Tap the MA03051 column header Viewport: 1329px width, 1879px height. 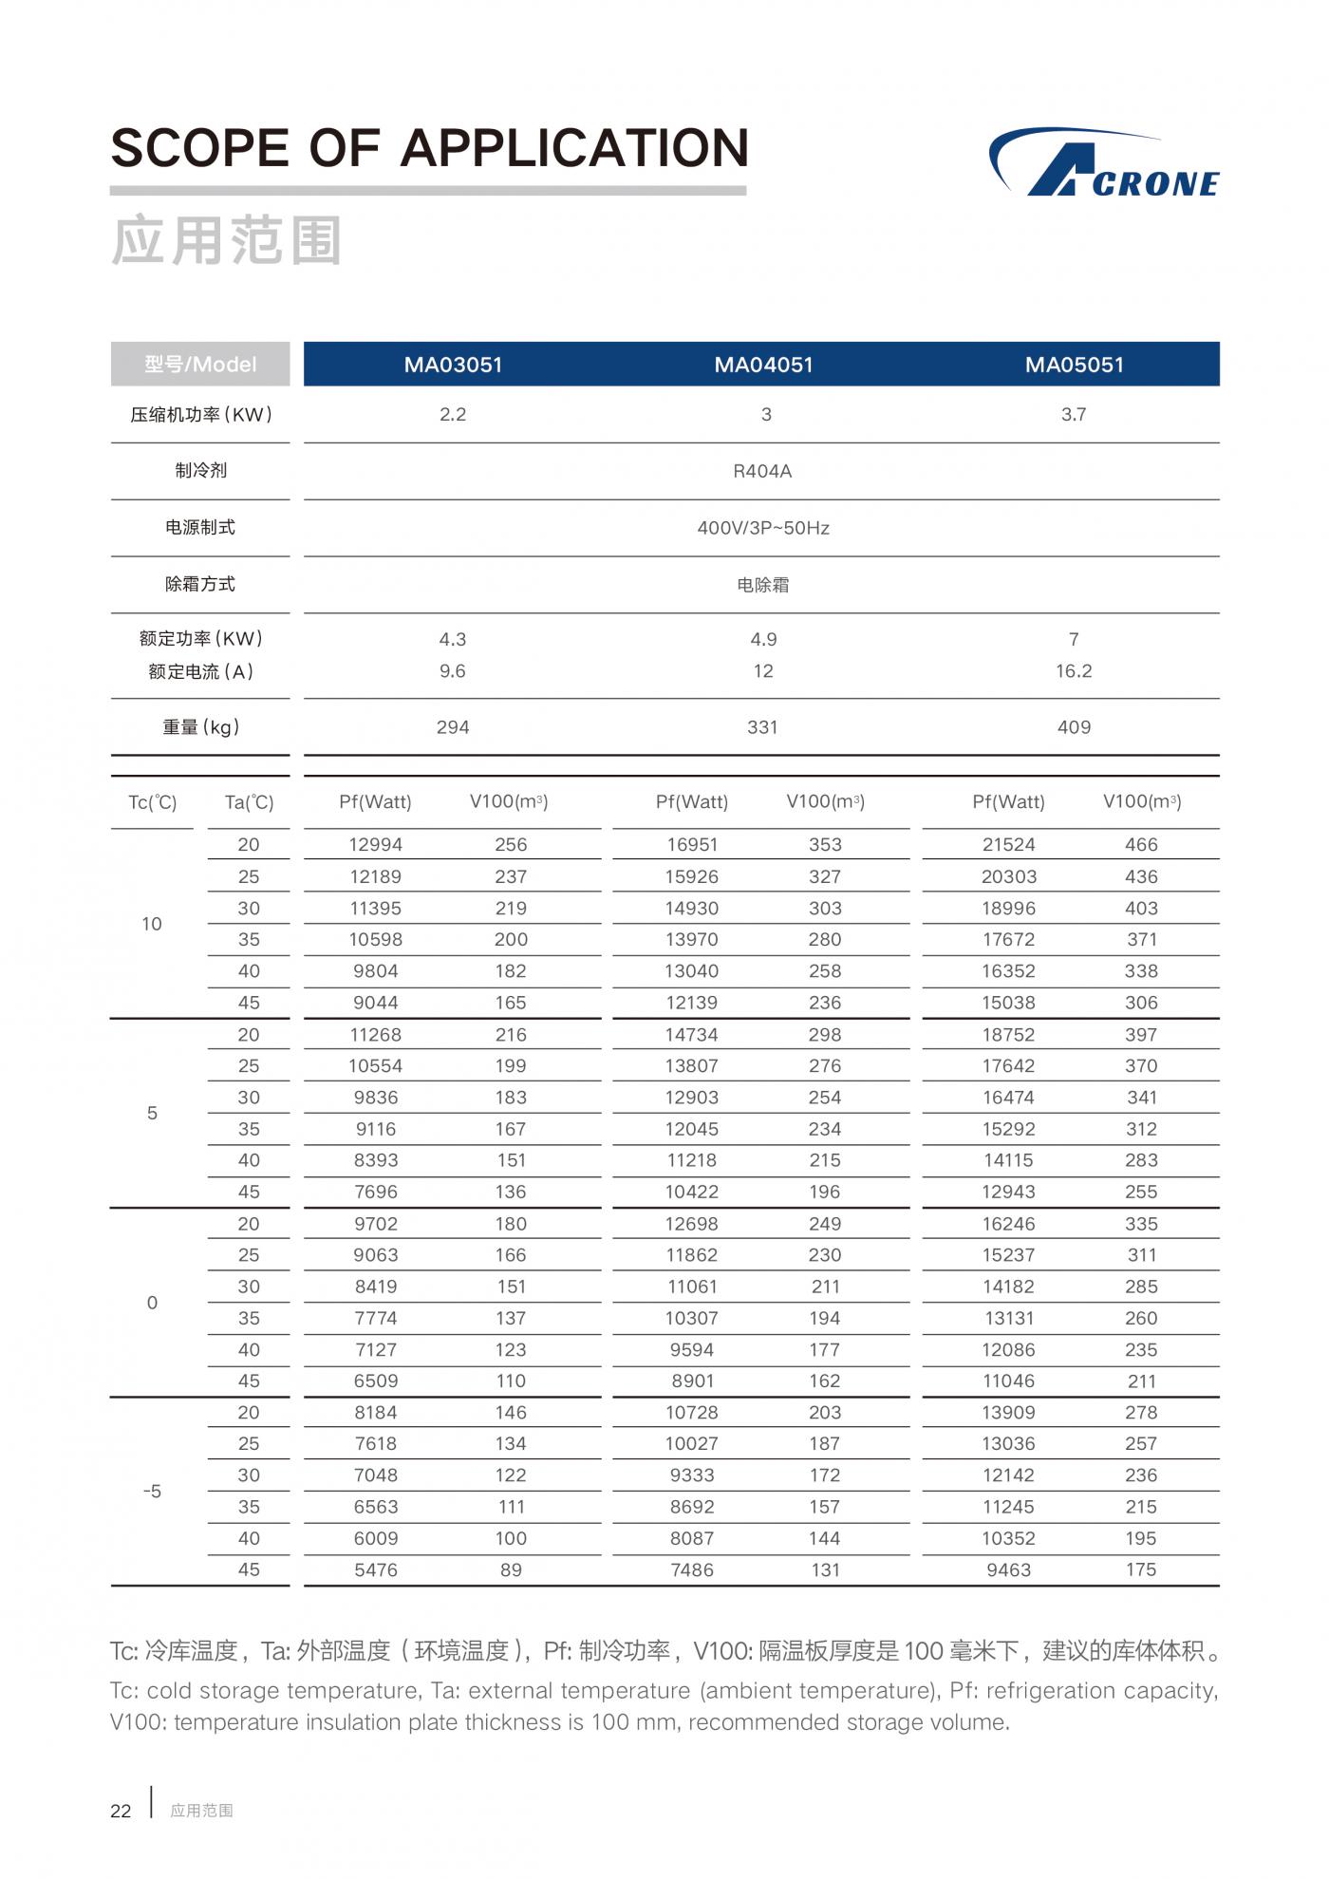453,365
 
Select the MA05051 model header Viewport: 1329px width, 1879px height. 1074,365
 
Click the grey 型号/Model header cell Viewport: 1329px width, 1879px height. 200,365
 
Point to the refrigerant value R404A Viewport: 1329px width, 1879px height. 762,471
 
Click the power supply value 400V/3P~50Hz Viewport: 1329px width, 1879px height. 763,528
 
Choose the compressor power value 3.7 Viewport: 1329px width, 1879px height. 1074,415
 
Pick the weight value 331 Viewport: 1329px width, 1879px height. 762,727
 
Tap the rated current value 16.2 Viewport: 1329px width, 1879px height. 1074,671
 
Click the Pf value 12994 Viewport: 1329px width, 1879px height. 376,845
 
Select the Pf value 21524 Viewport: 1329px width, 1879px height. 1008,845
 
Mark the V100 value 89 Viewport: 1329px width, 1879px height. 511,1570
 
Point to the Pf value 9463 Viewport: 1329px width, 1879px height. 1008,1570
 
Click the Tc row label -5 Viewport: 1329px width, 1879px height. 152,1492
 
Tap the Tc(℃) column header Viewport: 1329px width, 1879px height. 152,803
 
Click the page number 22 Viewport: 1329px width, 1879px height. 121,1812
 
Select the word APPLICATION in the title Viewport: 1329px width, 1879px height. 574,149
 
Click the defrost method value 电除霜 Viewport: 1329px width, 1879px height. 763,585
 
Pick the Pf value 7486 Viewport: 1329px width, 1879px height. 692,1570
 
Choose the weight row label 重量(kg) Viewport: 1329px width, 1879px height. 200,727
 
